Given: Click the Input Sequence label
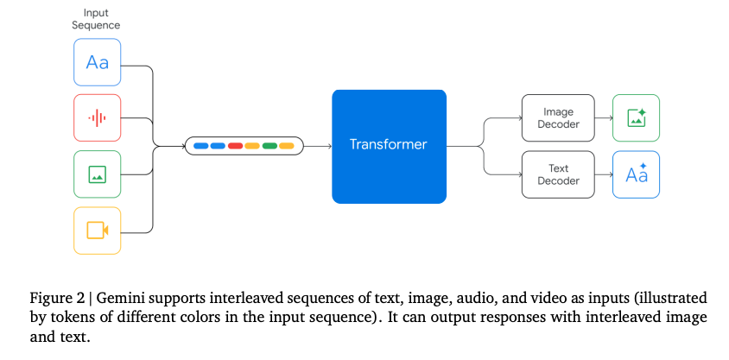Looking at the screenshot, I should coord(96,19).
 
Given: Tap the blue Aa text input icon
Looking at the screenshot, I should coord(97,61).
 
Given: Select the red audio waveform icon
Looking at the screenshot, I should coord(97,117).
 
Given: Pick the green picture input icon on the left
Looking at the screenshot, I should coord(97,175).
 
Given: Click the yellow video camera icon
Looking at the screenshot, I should coord(97,231).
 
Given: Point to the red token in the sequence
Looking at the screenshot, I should coord(234,146).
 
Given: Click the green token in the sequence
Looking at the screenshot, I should coord(269,146).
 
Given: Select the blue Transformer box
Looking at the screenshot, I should coord(389,145).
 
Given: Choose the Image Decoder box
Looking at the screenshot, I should coord(558,118).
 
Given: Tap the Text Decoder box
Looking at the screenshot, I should coord(558,174).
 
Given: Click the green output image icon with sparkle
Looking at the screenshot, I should coord(636,118).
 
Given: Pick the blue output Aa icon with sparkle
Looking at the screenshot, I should coord(636,174).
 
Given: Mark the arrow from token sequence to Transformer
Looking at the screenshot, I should coord(318,146).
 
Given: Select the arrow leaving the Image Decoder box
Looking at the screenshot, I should coord(603,118).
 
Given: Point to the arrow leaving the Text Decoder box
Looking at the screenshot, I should coord(603,174).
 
